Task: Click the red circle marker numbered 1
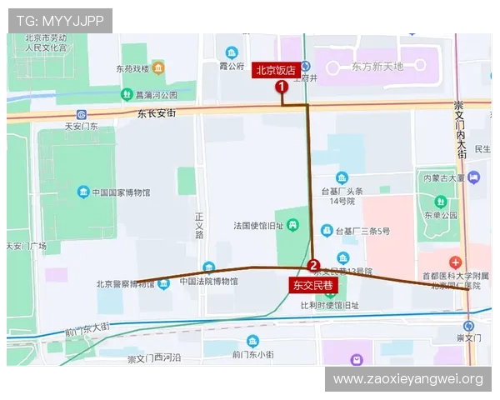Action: click(282, 86)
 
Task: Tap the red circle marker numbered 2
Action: click(313, 267)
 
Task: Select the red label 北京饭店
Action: click(276, 71)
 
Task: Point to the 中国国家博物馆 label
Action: click(121, 193)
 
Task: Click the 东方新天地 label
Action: click(377, 66)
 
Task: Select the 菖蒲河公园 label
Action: click(157, 95)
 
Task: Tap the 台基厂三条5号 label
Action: click(362, 231)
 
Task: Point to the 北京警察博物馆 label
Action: click(125, 283)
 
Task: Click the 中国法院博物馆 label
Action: click(208, 282)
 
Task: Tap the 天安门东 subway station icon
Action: click(81, 114)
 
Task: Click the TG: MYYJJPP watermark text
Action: click(59, 21)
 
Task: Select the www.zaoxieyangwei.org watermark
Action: click(407, 379)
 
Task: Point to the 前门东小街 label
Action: click(253, 355)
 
